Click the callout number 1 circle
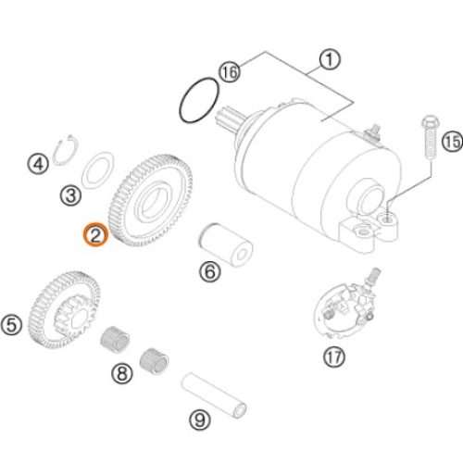[x=330, y=60]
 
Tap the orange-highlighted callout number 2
[x=95, y=235]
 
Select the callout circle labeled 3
[x=71, y=195]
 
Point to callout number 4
[x=38, y=164]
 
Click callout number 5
[x=11, y=325]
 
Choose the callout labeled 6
[x=210, y=271]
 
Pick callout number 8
[x=122, y=373]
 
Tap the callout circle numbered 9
[x=200, y=419]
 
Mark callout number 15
[x=453, y=142]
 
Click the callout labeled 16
[x=231, y=72]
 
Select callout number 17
[x=334, y=357]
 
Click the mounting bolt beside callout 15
[x=430, y=138]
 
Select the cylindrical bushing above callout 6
[x=225, y=244]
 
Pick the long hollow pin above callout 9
[x=214, y=395]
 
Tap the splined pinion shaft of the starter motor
[x=229, y=119]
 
